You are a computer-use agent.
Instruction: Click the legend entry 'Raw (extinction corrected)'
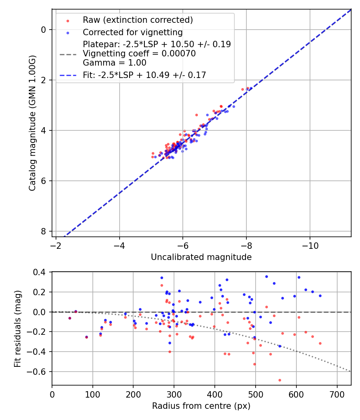138,20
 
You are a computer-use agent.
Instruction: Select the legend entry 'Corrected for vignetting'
132,32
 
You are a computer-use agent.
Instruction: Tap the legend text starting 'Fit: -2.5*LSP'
144,75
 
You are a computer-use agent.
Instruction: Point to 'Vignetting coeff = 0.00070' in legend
139,54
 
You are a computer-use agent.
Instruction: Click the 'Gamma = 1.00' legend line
114,63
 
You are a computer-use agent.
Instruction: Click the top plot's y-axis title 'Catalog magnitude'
33,123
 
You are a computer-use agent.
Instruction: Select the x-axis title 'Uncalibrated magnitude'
201,257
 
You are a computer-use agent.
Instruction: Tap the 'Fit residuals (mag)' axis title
17,328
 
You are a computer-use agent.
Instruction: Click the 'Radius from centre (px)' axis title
201,406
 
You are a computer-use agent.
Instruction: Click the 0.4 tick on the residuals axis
42,272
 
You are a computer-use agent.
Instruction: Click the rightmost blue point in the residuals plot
320,296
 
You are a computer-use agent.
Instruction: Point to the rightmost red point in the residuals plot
320,343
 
